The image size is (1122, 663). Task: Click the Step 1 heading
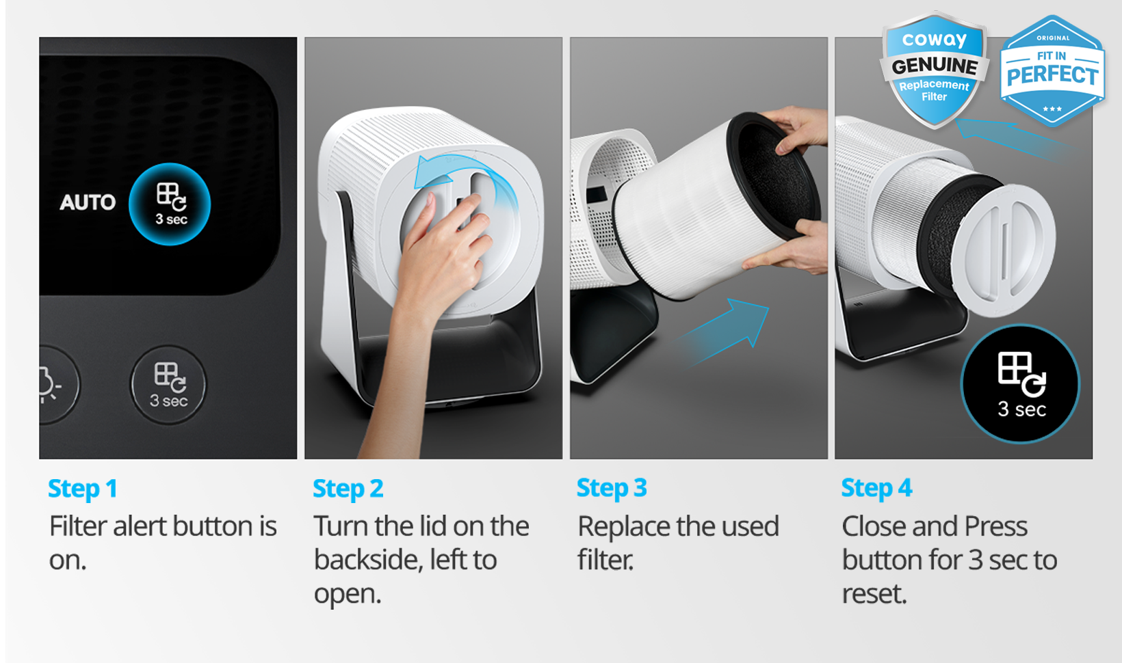coord(83,489)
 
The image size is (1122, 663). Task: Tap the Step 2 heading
coord(348,489)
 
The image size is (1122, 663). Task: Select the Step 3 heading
coord(612,489)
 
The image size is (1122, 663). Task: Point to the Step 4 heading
coord(876,489)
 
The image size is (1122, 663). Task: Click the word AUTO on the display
coord(88,202)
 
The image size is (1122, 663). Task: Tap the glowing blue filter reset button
coord(170,204)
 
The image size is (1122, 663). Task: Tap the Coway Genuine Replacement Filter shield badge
coord(934,69)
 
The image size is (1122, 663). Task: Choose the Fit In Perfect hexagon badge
coord(1052,70)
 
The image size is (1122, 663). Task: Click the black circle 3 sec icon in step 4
coord(1020,384)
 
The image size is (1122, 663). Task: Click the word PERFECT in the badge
coord(1052,76)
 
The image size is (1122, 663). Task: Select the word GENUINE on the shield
coord(935,66)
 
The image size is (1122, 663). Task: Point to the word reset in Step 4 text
coord(874,594)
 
